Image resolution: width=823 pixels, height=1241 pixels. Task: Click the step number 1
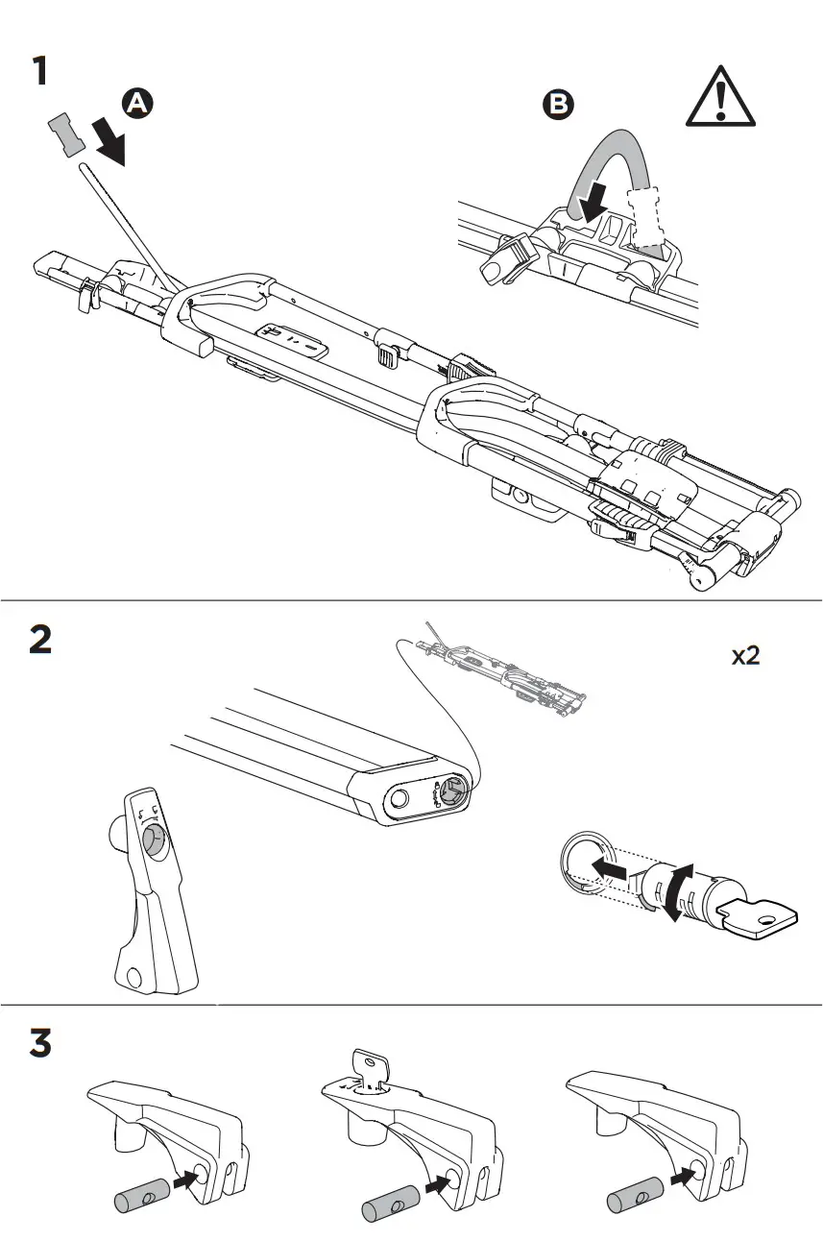39,73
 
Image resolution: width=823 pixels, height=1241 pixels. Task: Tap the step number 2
40,640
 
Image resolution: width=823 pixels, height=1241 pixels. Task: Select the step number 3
40,1044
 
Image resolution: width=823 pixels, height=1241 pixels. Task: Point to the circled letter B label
558,105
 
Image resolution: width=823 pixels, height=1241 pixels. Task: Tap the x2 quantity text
746,657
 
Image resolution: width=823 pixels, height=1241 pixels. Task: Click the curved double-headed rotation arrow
677,892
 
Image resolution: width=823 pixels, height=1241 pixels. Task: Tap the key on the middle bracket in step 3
372,1068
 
